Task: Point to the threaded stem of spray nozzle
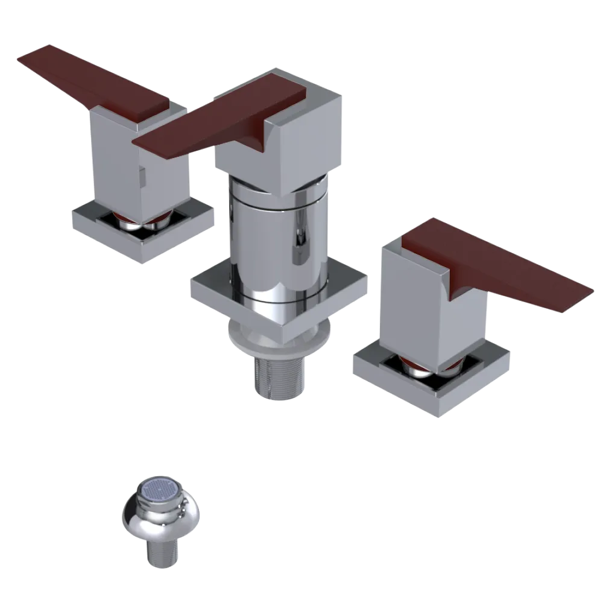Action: pyautogui.click(x=161, y=554)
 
